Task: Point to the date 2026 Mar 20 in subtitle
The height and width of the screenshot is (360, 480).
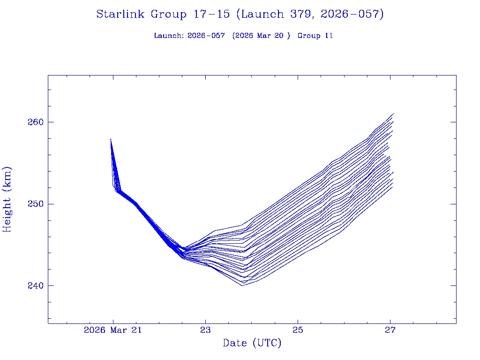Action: click(x=259, y=36)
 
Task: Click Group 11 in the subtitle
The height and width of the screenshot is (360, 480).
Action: click(x=315, y=36)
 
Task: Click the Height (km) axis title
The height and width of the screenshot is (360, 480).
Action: click(x=7, y=199)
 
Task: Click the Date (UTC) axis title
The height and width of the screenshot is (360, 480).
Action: click(x=252, y=343)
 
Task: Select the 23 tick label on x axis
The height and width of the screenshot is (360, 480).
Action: click(x=205, y=330)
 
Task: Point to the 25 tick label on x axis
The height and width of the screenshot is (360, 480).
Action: click(x=298, y=330)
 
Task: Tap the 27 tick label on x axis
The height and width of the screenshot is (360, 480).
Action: click(x=390, y=330)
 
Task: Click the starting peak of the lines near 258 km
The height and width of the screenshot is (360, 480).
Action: click(x=111, y=139)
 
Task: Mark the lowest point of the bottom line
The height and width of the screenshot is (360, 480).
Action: click(x=242, y=285)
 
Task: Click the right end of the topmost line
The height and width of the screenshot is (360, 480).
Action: click(x=394, y=113)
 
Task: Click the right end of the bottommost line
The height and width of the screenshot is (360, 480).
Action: click(x=392, y=187)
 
